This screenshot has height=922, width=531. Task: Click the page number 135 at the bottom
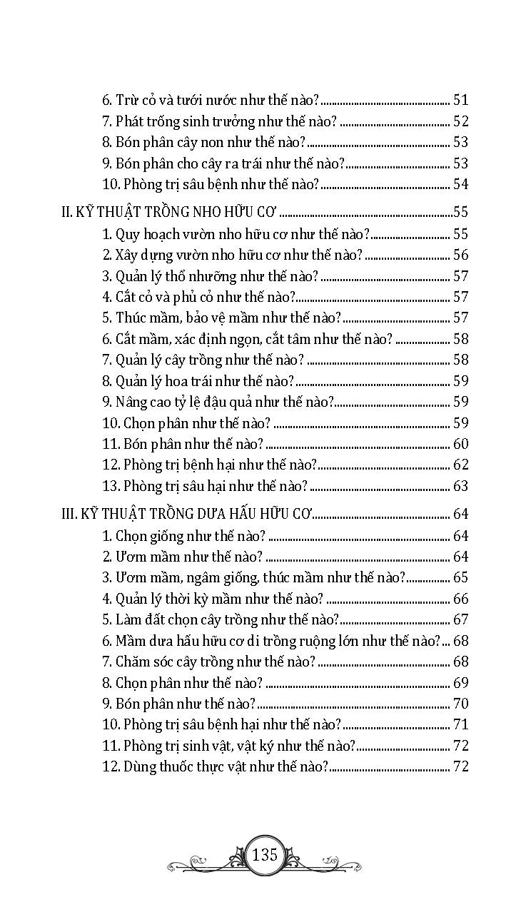265,854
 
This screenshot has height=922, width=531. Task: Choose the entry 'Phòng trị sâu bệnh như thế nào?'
211,184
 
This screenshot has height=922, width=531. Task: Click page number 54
460,184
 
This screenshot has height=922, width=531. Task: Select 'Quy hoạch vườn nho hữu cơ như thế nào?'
236,234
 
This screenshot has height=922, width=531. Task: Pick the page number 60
460,444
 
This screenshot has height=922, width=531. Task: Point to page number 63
460,487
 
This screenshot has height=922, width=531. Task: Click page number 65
460,578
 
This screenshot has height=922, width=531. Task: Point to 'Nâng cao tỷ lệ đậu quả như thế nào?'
218,402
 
